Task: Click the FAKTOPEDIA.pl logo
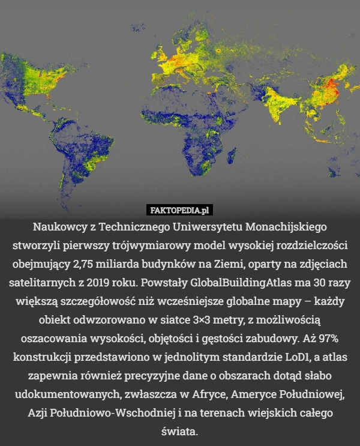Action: pos(180,209)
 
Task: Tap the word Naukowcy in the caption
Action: pos(59,228)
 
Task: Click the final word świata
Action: pos(180,431)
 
